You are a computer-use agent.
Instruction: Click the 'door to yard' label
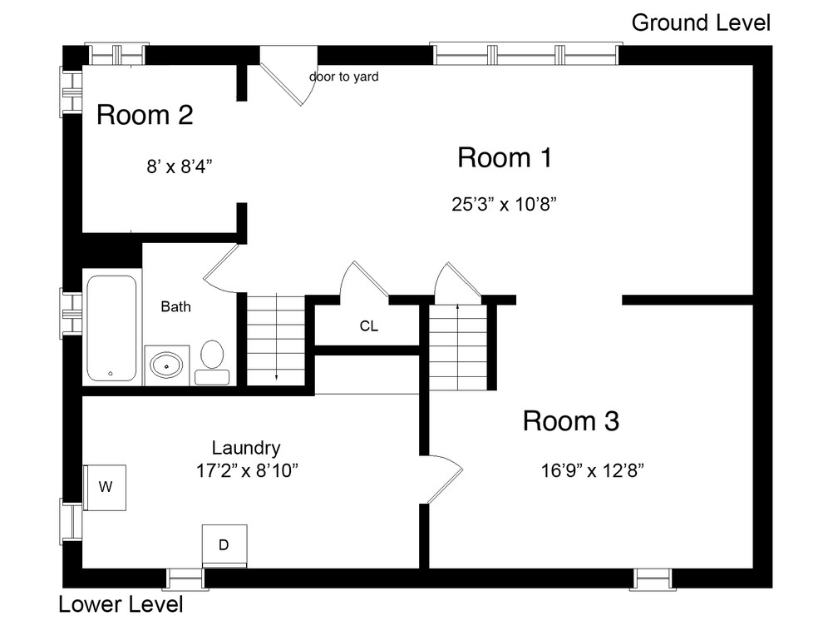(343, 77)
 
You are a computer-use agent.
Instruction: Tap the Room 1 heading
(504, 157)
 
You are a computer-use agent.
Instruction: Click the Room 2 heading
(145, 115)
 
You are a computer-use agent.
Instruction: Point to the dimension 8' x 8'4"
(180, 166)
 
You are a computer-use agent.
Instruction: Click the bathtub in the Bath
(111, 328)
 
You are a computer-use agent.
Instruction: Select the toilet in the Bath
(213, 360)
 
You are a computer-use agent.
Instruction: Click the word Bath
(175, 307)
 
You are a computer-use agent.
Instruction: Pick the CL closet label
(368, 326)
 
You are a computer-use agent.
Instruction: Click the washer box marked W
(106, 487)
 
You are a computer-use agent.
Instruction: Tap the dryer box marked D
(224, 544)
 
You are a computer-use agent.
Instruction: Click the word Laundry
(245, 447)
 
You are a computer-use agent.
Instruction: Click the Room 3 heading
(570, 421)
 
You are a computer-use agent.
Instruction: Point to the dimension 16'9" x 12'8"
(592, 470)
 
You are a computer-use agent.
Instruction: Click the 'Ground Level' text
(701, 22)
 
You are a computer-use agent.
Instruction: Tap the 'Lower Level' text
(121, 604)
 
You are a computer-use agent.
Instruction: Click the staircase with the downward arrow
(275, 340)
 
